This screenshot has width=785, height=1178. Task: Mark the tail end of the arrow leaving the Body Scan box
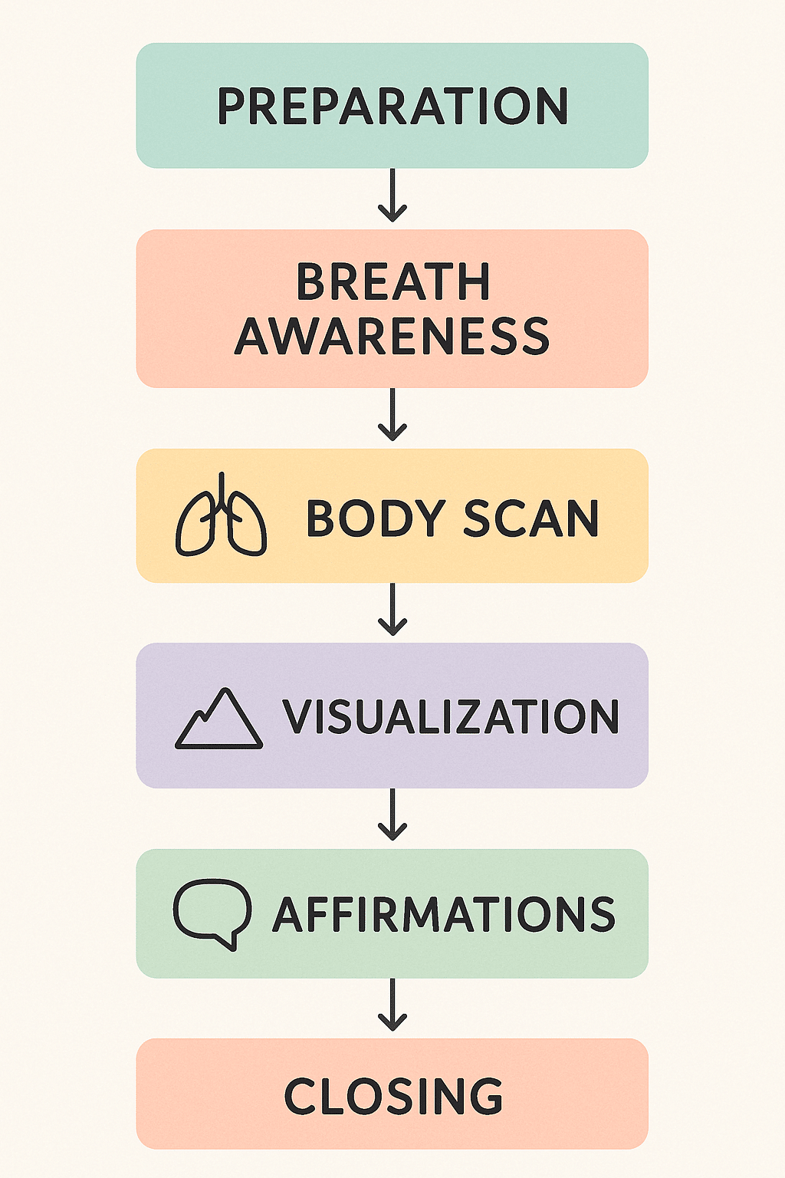coord(392,583)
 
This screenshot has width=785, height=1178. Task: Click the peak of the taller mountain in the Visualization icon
coord(226,689)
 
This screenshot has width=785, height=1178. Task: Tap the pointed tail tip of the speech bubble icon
coord(232,949)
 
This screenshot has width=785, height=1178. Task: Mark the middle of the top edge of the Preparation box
coord(392,43)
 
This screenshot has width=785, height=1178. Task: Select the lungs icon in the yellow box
coord(221,515)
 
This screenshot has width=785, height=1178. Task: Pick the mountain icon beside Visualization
coord(218,718)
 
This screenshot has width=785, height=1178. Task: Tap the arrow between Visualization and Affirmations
coord(392,814)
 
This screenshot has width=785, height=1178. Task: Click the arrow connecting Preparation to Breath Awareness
coord(392,195)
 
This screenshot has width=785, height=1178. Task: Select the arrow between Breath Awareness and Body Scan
coord(392,415)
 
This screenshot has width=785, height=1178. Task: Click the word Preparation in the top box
coord(392,106)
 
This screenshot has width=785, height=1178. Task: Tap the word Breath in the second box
coord(393,281)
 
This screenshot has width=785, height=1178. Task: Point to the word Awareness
coord(392,335)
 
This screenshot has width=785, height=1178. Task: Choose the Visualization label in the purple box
coord(451,716)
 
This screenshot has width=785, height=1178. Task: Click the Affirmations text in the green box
coord(444,914)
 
